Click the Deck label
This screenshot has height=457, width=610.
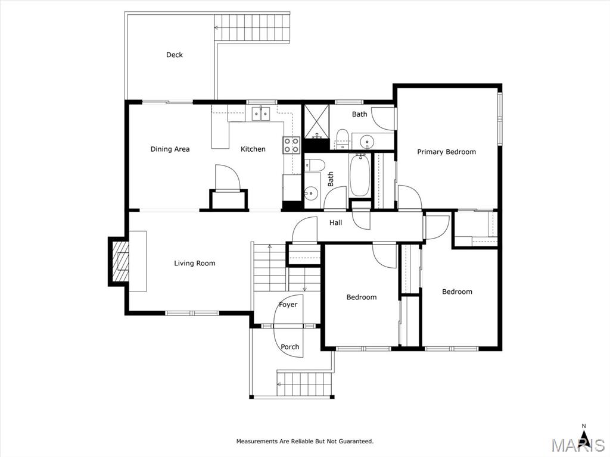point(175,55)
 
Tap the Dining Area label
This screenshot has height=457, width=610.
point(170,149)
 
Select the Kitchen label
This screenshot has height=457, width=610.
point(253,149)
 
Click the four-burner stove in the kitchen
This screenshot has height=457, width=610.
point(291,145)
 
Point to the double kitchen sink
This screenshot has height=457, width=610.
point(261,114)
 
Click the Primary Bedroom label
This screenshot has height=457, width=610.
point(447,152)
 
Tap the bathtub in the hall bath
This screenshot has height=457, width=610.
point(360,176)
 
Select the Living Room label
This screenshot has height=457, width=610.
point(195,264)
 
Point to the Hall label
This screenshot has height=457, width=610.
point(336,223)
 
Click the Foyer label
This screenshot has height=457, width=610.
point(288,305)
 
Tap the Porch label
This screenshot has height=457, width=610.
point(290,347)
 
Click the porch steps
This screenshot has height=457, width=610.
point(305,384)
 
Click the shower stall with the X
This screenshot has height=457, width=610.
point(317,121)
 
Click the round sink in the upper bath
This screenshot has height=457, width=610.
point(366,140)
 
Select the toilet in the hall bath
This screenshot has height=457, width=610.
point(315,165)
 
